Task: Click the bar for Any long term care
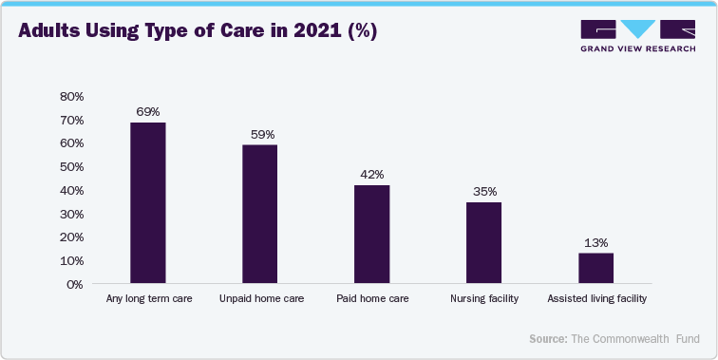pyautogui.click(x=147, y=203)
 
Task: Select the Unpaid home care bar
pyautogui.click(x=259, y=214)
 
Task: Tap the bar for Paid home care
pyautogui.click(x=371, y=234)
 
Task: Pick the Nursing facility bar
pyautogui.click(x=483, y=242)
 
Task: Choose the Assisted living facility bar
pyautogui.click(x=595, y=268)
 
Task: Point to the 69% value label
pyautogui.click(x=147, y=112)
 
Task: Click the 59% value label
pyautogui.click(x=260, y=135)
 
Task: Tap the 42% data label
pyautogui.click(x=371, y=175)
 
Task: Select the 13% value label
pyautogui.click(x=595, y=243)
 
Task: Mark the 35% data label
pyautogui.click(x=483, y=192)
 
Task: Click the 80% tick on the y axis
pyautogui.click(x=72, y=96)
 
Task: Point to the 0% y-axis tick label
pyautogui.click(x=76, y=284)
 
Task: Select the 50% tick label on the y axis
pyautogui.click(x=72, y=166)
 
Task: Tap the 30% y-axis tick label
pyautogui.click(x=72, y=214)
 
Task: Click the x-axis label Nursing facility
pyautogui.click(x=483, y=299)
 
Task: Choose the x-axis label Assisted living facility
pyautogui.click(x=596, y=299)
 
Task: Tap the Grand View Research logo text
pyautogui.click(x=639, y=49)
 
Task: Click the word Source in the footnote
pyautogui.click(x=547, y=339)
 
